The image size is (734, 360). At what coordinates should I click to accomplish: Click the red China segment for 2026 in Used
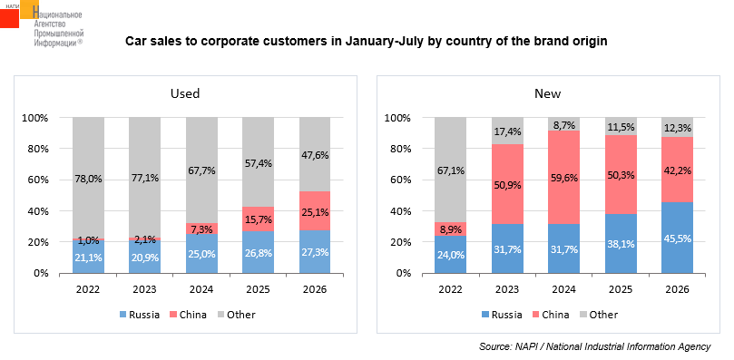tap(315, 210)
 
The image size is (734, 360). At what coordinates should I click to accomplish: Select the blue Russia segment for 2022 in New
tap(450, 254)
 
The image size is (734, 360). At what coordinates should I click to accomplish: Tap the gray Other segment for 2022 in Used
tap(89, 178)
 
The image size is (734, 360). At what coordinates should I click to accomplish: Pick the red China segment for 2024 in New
tap(563, 178)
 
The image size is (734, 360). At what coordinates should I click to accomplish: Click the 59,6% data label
tap(564, 179)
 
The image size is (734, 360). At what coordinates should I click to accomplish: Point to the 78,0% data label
tap(89, 179)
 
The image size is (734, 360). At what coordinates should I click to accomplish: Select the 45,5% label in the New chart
tap(678, 238)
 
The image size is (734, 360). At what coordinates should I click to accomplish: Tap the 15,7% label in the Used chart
tap(258, 219)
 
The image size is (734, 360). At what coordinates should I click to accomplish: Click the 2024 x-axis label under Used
tap(201, 289)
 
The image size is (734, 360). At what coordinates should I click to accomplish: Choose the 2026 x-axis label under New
tap(678, 289)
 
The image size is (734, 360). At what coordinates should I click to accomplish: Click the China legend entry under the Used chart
tap(188, 315)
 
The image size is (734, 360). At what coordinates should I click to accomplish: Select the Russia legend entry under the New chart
tap(502, 315)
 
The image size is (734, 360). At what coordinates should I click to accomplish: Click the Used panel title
tap(185, 93)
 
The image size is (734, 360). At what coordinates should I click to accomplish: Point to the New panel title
tap(548, 93)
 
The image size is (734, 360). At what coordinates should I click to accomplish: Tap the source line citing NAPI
tap(594, 347)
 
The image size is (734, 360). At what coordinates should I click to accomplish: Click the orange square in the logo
tap(30, 9)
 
